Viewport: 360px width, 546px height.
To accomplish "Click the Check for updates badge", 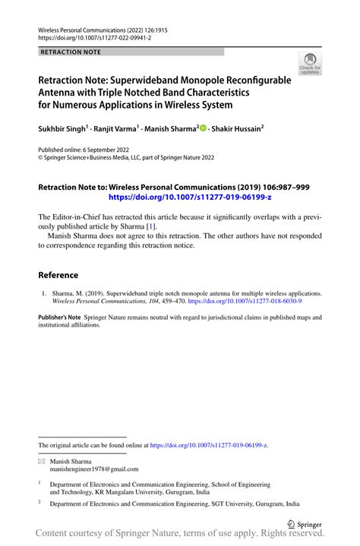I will pyautogui.click(x=310, y=65).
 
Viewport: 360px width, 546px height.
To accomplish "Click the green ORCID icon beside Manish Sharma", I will pyautogui.click(x=202, y=128).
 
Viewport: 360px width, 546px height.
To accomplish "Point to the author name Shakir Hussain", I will pyautogui.click(x=238, y=128).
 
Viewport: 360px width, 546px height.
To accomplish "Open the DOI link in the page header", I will pyautogui.click(x=94, y=37).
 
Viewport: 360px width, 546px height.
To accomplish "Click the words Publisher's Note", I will pyautogui.click(x=60, y=317).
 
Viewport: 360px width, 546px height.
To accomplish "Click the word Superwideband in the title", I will pyautogui.click(x=149, y=79).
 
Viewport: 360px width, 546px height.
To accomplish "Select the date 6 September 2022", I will pyautogui.click(x=97, y=151).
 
